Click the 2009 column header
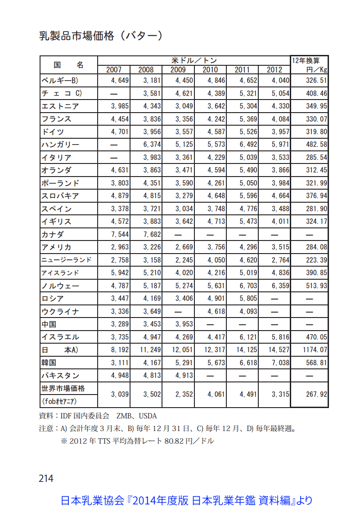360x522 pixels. click(x=178, y=69)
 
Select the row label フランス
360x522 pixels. click(x=56, y=119)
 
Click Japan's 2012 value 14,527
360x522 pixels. click(x=274, y=350)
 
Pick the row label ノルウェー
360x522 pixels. click(x=60, y=286)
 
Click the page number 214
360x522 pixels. click(x=46, y=478)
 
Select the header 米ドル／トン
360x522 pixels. click(x=194, y=60)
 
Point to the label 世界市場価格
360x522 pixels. click(x=63, y=388)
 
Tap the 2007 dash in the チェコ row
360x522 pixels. click(x=114, y=94)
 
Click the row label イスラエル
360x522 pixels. click(x=60, y=337)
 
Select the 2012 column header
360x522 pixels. click(x=274, y=69)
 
